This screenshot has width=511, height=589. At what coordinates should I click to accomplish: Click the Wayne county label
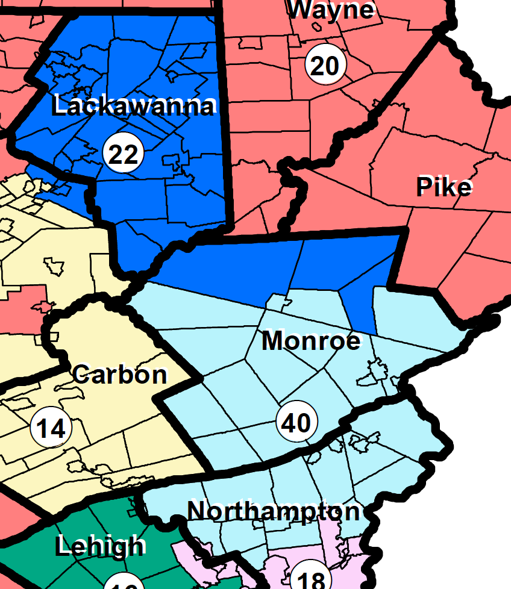pos(331,10)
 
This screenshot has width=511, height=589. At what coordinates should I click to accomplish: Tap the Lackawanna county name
pos(133,106)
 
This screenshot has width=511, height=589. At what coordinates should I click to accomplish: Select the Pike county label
pos(444,188)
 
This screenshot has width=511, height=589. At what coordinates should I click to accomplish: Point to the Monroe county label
pos(311,341)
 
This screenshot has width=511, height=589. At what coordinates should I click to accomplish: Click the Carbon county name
pos(119,375)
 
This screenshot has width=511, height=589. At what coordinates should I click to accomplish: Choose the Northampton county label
pos(274,511)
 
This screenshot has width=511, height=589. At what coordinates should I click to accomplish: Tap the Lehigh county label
pos(100,546)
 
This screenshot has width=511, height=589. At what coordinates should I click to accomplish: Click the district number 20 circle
pos(325,65)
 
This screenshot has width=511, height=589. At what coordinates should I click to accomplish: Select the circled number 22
pos(124,154)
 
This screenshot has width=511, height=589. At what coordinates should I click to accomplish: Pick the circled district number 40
pos(296,423)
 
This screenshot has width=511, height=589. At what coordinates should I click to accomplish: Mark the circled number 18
pos(312,579)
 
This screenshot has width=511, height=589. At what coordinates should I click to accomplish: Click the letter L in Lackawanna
pos(60,106)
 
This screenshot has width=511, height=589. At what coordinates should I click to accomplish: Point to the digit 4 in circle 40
pos(289,423)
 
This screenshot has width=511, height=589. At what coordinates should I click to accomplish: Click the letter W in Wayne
pos(300,10)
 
